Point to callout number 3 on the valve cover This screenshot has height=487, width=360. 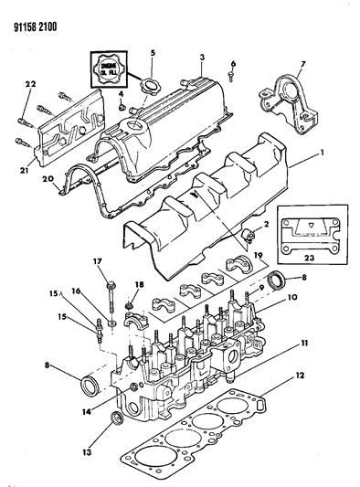(x=200, y=58)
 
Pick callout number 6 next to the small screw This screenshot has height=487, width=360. (x=233, y=63)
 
